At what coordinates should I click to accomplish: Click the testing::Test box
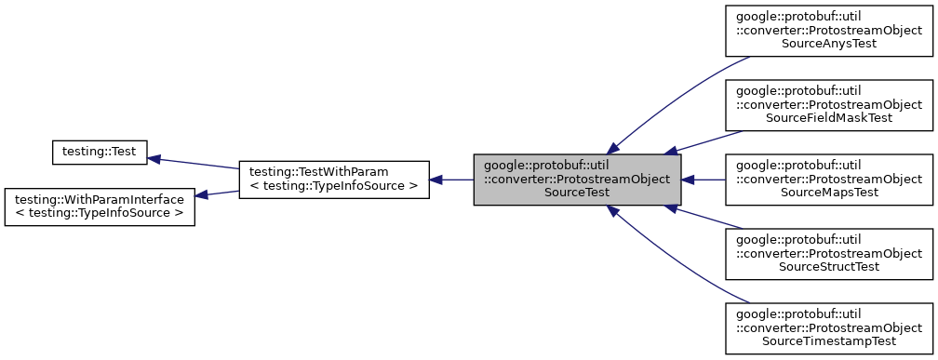point(98,151)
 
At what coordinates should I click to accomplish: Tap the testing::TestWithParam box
point(333,180)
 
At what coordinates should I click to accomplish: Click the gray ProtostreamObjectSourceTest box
point(577,180)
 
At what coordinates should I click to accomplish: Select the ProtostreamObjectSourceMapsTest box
point(829,180)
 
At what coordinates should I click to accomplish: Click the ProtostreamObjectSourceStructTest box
point(829,254)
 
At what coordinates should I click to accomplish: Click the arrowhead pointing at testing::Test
point(154,158)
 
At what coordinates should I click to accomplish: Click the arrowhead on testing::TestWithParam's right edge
point(435,180)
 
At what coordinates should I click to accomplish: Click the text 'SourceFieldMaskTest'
point(829,118)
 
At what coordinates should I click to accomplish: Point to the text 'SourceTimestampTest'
point(829,341)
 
